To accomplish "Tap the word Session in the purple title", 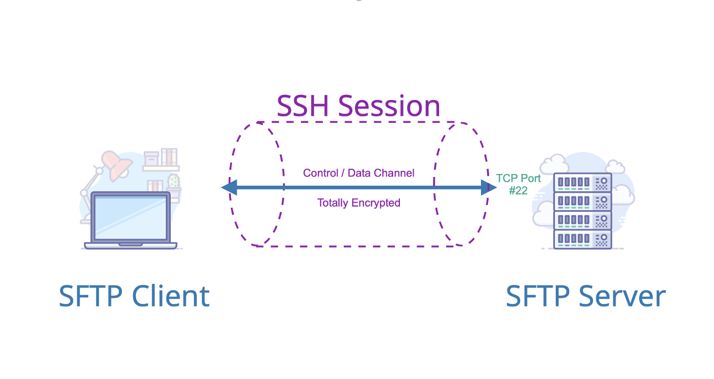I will pos(389,106).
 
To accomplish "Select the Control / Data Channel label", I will pos(359,173).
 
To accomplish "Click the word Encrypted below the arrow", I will pos(375,203).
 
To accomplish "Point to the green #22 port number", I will pos(518,190).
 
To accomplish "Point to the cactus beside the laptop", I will pos(174,182).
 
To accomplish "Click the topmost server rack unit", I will pos(582,182).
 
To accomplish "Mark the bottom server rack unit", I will pos(582,239).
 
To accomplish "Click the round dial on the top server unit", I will pos(604,181).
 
